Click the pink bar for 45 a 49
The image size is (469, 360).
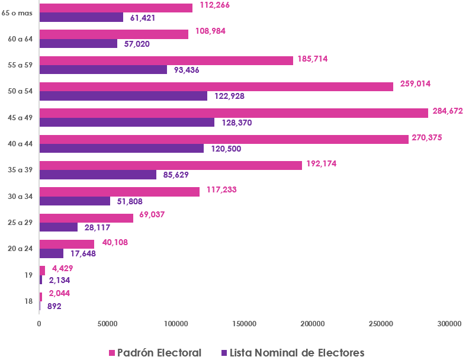233,113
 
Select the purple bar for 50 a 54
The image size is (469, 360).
123,96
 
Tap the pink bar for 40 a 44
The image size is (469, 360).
224,139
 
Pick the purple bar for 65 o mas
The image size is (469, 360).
81,17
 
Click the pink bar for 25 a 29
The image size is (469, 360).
86,218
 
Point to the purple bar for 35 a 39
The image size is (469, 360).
98,175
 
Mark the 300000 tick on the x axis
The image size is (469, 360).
449,324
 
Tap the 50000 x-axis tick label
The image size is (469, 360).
107,324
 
